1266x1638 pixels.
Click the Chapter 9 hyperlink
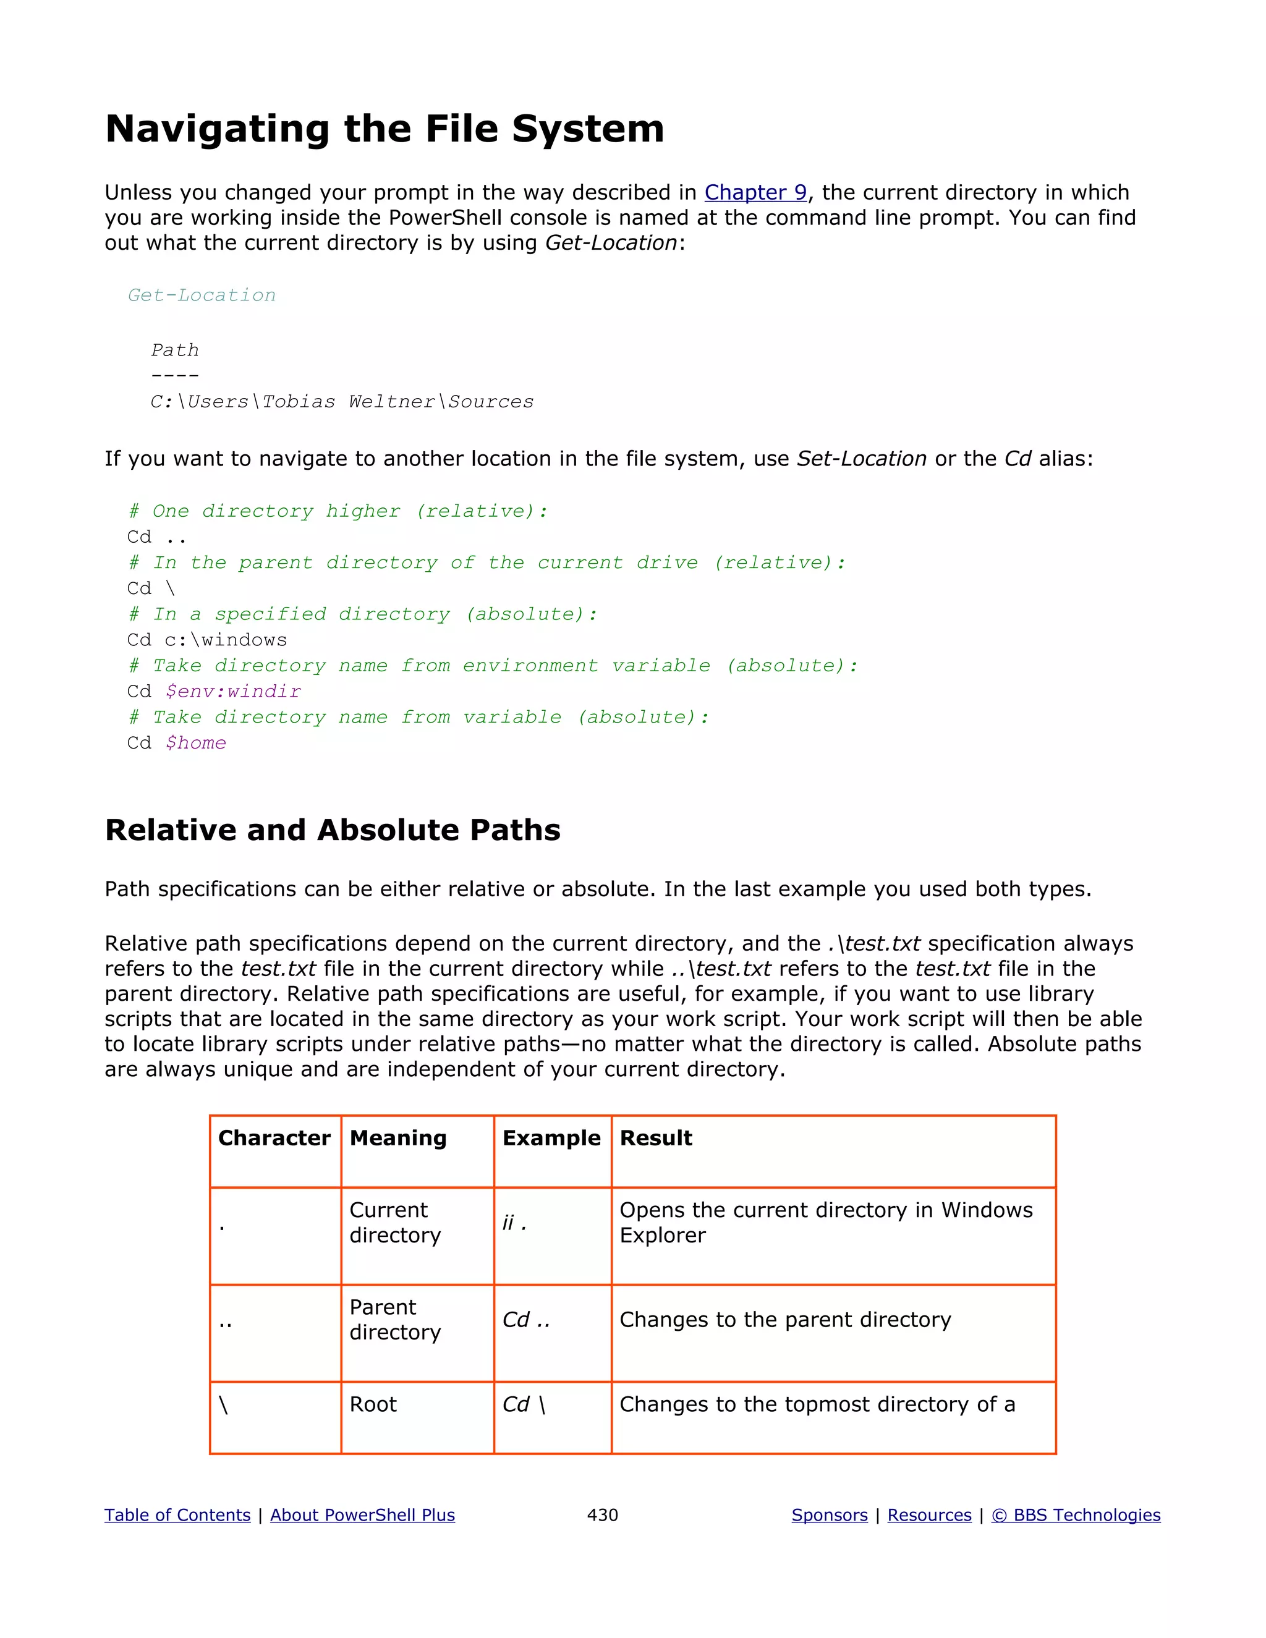[755, 193]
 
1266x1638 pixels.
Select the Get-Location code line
[202, 295]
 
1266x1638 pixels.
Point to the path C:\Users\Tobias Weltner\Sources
[342, 402]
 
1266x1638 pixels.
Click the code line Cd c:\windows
[207, 640]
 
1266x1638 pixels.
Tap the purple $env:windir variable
[233, 692]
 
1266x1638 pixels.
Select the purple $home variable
[196, 742]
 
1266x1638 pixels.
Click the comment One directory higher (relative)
[338, 512]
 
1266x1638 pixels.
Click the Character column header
[274, 1139]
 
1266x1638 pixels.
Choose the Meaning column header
[397, 1139]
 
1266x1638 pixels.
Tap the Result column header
[655, 1139]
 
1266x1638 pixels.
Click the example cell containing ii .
[514, 1223]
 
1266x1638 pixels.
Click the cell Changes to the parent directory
[784, 1320]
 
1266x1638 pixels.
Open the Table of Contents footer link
[177, 1515]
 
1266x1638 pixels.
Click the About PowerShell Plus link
[362, 1515]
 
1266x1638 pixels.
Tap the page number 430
[602, 1515]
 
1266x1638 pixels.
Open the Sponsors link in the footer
[830, 1515]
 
